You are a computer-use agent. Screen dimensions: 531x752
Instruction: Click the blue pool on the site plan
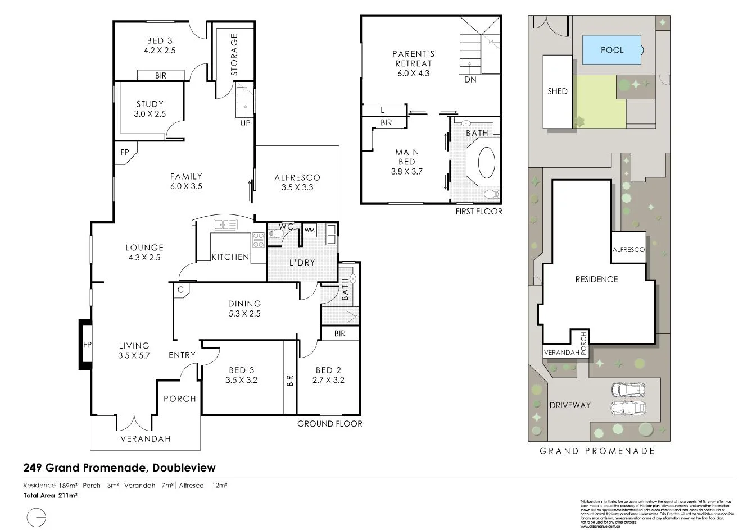tap(612, 50)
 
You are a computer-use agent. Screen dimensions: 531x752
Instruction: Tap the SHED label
tap(557, 91)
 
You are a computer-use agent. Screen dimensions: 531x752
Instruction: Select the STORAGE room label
tap(234, 54)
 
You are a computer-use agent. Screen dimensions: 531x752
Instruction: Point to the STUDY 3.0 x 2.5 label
tap(150, 109)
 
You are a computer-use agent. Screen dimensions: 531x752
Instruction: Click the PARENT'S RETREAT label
tap(413, 63)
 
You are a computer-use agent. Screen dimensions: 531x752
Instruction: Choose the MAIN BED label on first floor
tap(406, 162)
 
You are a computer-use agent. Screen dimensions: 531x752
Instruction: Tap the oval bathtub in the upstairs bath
tap(487, 163)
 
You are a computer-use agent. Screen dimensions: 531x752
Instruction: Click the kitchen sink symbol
tap(225, 225)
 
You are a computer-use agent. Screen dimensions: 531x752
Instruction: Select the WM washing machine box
tap(309, 230)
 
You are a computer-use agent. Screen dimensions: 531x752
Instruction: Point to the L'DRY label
tap(302, 263)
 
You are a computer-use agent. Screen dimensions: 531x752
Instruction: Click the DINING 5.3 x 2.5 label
tap(244, 309)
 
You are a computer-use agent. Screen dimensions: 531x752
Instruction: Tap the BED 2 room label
tap(328, 375)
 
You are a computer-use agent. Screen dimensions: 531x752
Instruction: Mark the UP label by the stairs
tap(246, 123)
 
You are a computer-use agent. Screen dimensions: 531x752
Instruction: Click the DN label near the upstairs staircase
tap(470, 80)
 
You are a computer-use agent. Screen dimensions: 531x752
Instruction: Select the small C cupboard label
tap(180, 290)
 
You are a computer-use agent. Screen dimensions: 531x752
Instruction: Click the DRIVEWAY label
tap(570, 405)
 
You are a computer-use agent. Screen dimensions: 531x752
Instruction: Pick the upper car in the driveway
tap(628, 390)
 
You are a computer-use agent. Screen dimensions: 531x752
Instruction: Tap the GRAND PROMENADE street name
tap(597, 451)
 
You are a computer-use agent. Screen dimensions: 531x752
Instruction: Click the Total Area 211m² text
tap(50, 496)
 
